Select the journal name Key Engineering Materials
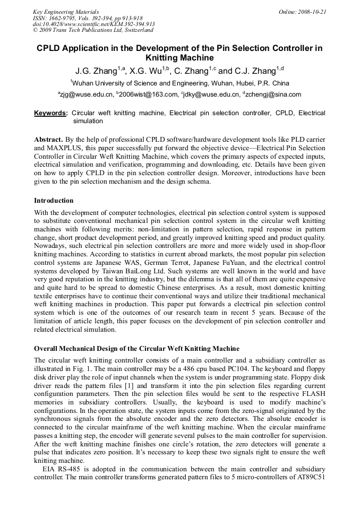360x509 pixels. tap(66, 12)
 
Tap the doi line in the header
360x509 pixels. tap(93, 24)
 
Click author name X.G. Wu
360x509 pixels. tap(145, 71)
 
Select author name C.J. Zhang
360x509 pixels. tap(256, 71)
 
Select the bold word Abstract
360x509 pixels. tap(48, 139)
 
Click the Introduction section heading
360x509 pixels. tap(54, 201)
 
